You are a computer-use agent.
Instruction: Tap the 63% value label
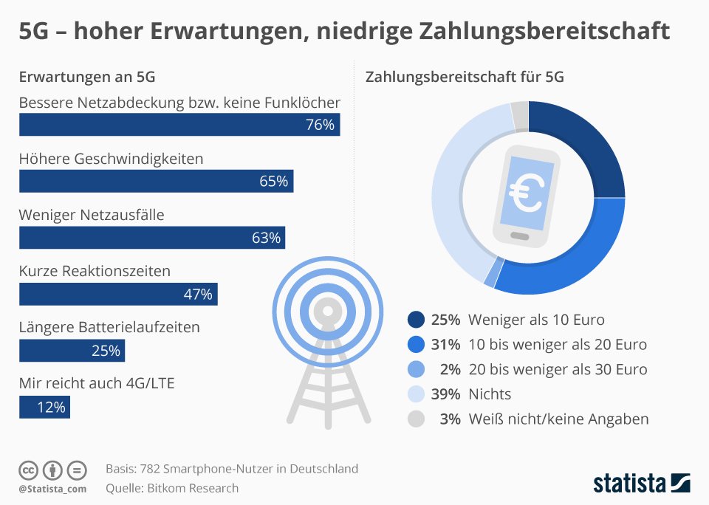266,238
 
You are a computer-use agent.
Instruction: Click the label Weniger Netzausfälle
92,215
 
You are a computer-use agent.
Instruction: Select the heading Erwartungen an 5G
86,77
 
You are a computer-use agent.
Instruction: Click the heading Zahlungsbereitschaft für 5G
465,77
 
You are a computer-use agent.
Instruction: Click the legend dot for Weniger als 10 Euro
416,320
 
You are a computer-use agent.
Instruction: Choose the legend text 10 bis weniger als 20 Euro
558,345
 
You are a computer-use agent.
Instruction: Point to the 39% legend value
446,394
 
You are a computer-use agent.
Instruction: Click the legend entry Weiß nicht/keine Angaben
558,419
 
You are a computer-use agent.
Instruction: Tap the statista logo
641,484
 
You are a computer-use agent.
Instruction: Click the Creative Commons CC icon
28,470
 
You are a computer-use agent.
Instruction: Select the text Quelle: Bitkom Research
172,488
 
